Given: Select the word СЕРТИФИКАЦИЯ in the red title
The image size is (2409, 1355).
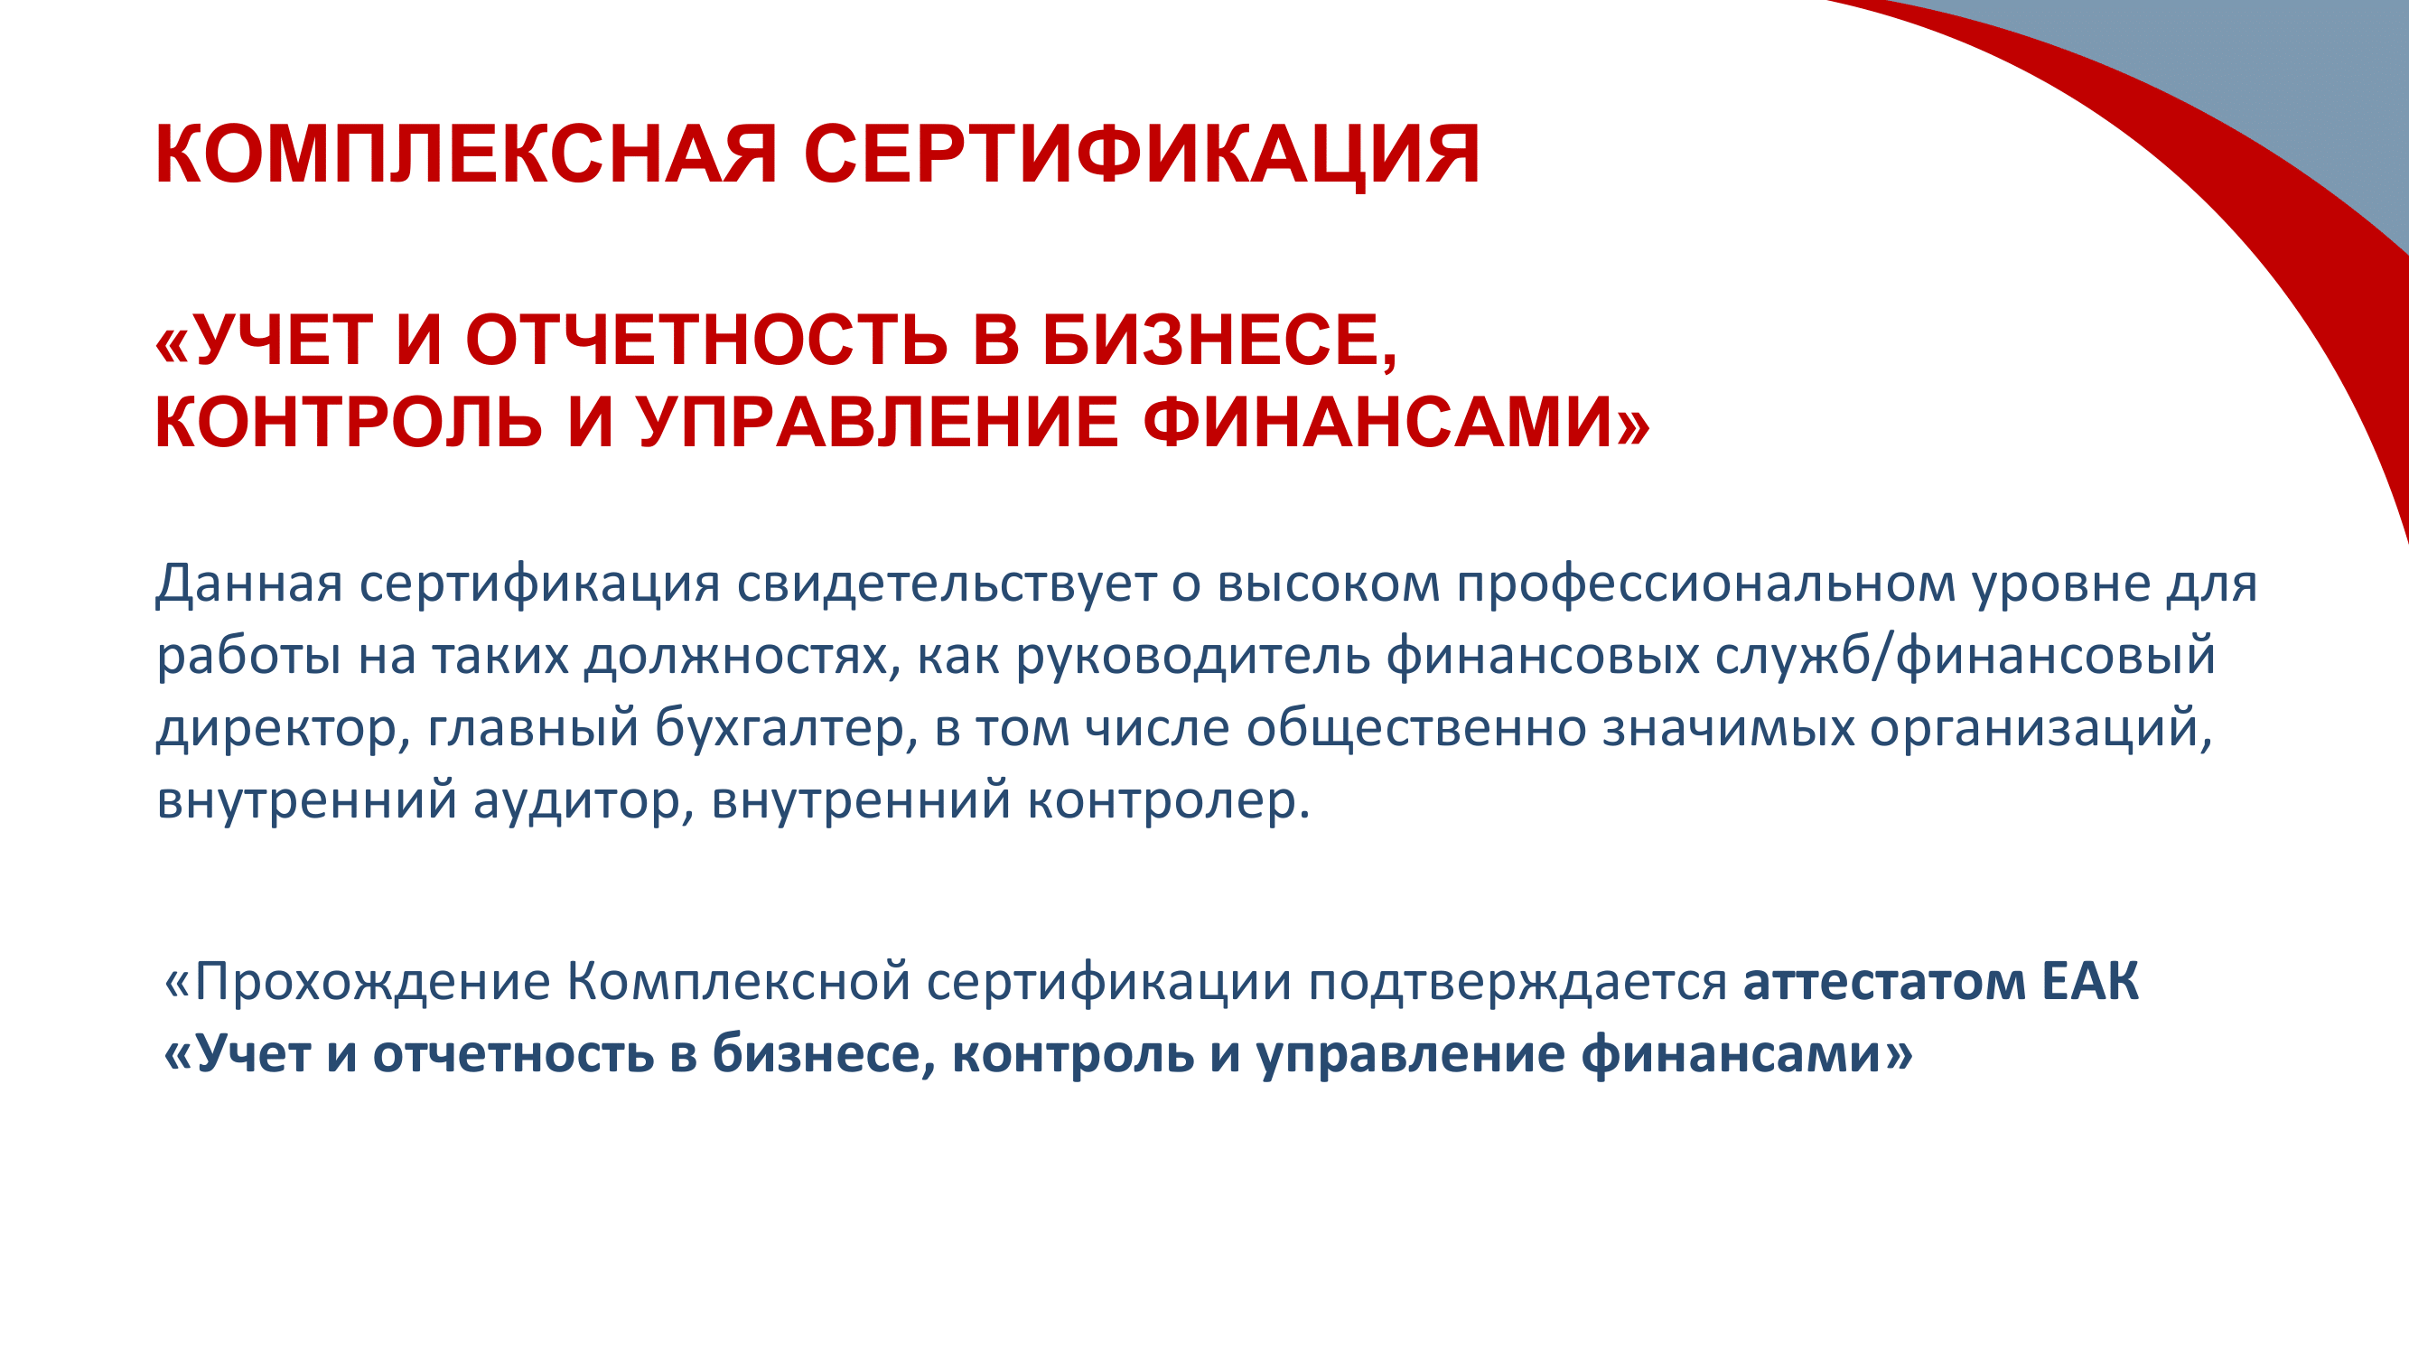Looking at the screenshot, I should [x=1142, y=154].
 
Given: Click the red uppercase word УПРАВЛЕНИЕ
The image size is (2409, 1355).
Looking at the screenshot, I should [x=878, y=423].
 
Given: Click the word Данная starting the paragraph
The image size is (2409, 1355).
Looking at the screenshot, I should [x=248, y=584].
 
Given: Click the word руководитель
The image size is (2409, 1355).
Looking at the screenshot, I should [x=1192, y=657].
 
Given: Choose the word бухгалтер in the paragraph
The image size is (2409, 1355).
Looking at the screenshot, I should [x=786, y=728].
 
